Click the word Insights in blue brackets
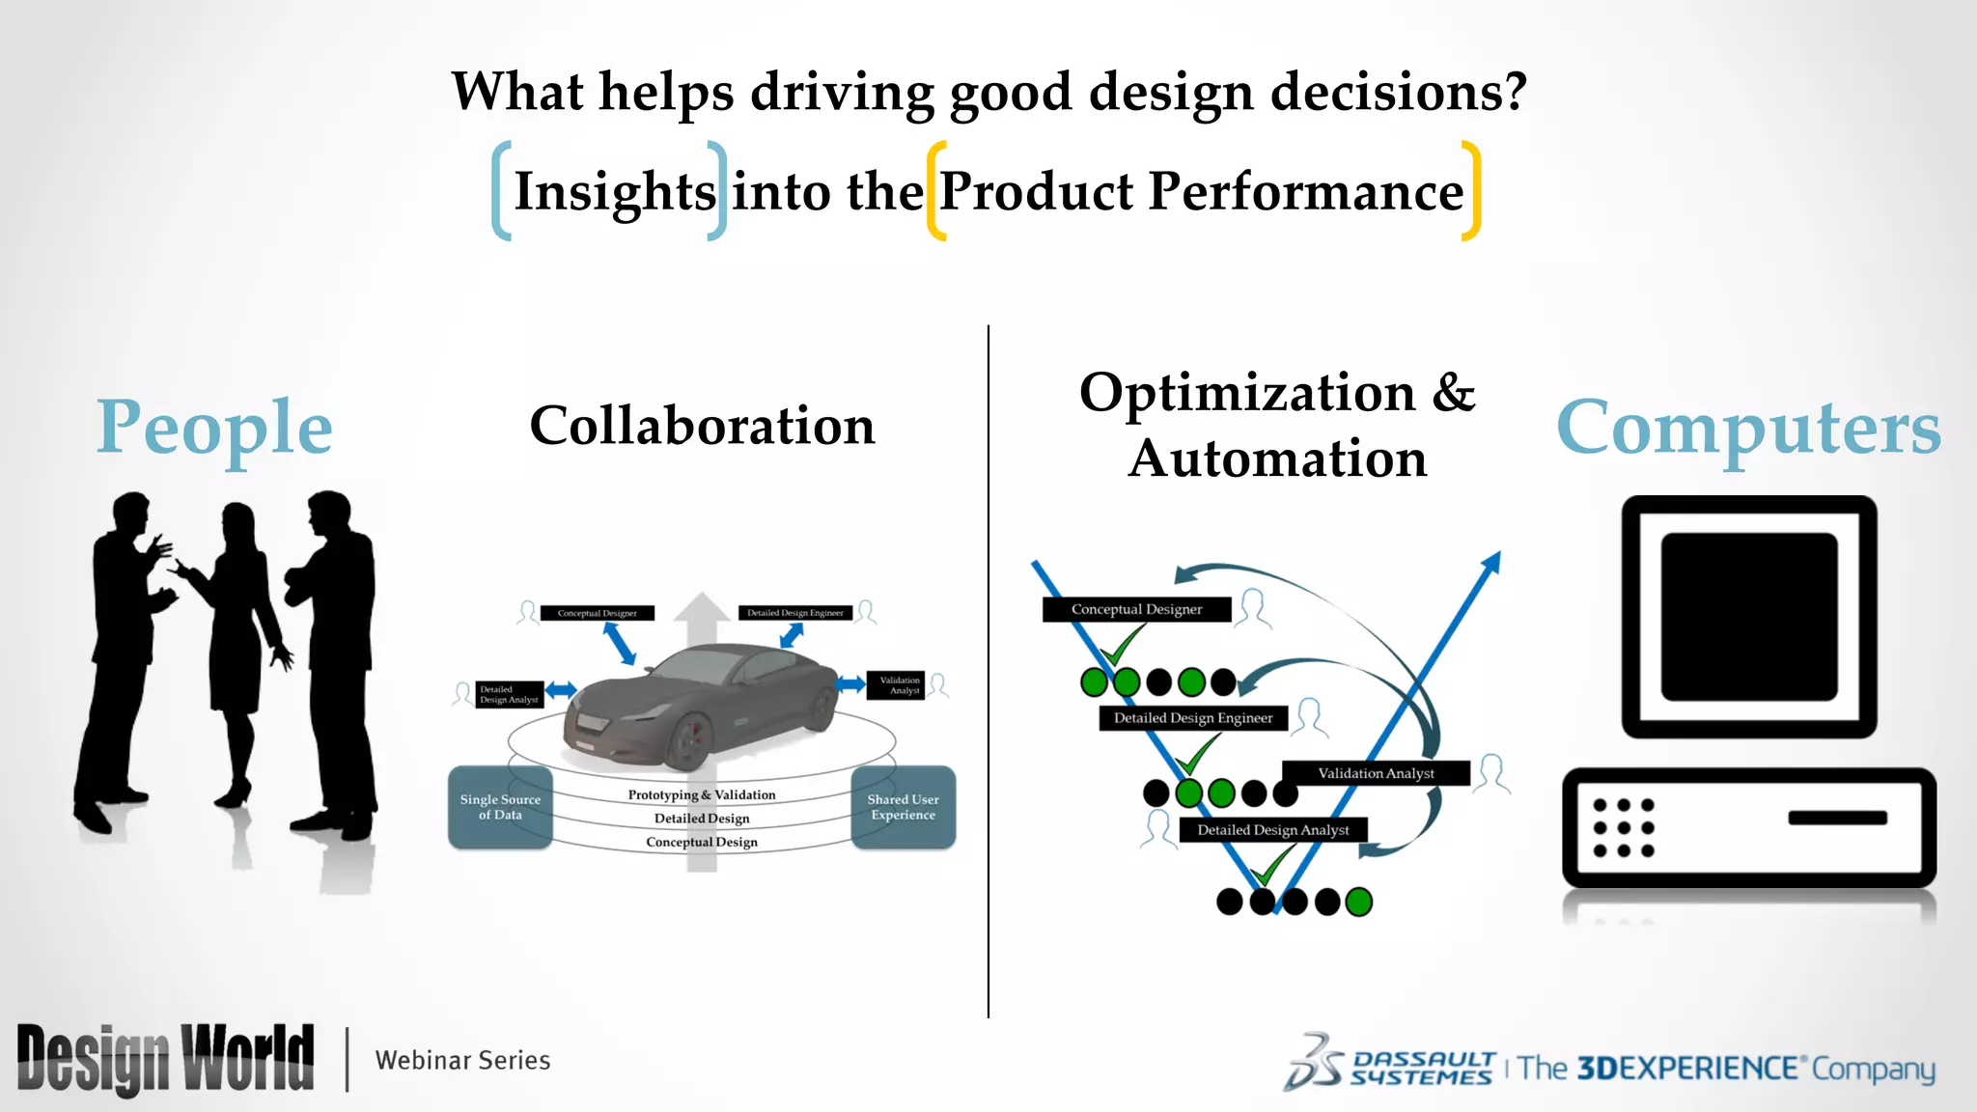[x=614, y=192]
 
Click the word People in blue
[x=214, y=427]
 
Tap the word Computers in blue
[x=1748, y=427]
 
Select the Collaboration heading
[x=702, y=426]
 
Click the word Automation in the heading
[x=1277, y=459]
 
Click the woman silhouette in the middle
[x=237, y=647]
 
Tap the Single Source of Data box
[x=500, y=807]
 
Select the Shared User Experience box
[x=903, y=807]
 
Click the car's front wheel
[x=687, y=741]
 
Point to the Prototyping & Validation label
[x=702, y=794]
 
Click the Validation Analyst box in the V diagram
[x=1376, y=773]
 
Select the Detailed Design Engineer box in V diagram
[x=1193, y=718]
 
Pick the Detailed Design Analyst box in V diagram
[x=1272, y=830]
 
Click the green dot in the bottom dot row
[x=1358, y=902]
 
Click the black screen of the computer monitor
[x=1748, y=616]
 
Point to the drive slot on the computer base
[x=1837, y=818]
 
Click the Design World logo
[x=165, y=1059]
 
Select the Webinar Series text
[x=462, y=1060]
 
